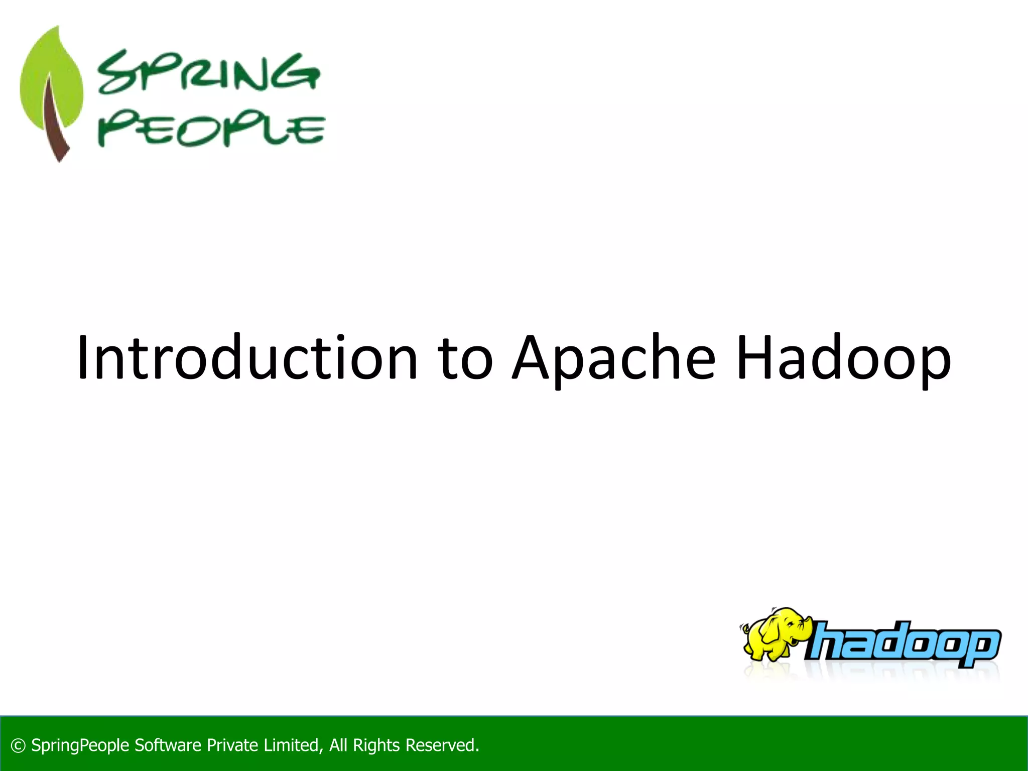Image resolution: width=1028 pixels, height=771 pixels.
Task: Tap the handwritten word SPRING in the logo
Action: (208, 73)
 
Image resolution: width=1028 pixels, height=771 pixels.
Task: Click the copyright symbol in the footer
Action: (18, 746)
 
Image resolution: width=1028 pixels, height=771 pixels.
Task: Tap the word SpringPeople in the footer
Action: (80, 746)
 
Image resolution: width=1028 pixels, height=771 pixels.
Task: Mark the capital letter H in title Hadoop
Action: (755, 357)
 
